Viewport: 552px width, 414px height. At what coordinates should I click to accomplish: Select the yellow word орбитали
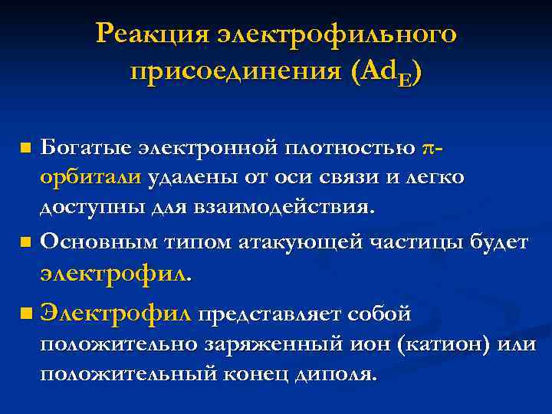coord(90,177)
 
